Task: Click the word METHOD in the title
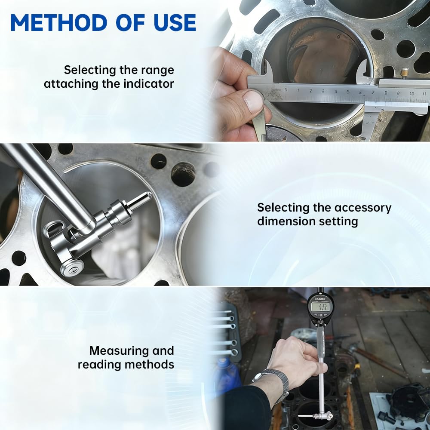click(58, 22)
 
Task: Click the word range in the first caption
click(157, 71)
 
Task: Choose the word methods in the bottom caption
click(149, 365)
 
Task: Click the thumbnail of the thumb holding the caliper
click(253, 101)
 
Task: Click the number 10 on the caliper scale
click(412, 93)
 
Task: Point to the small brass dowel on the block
click(404, 74)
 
